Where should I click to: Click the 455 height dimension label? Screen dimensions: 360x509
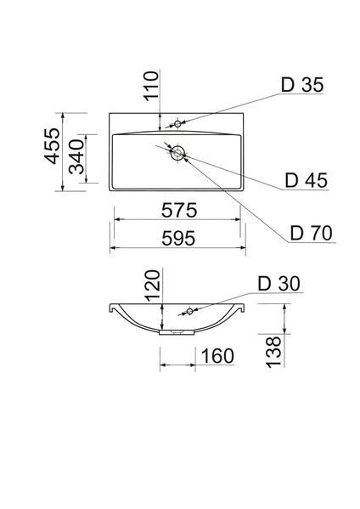[x=53, y=146]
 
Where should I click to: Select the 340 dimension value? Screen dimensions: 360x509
[x=76, y=157]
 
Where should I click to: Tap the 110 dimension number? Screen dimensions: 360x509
[x=151, y=87]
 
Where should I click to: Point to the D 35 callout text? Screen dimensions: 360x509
[x=302, y=85]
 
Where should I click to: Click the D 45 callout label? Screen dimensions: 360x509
[x=307, y=180]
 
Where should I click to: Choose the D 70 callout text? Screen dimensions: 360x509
[x=312, y=233]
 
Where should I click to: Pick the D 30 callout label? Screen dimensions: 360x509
[x=279, y=283]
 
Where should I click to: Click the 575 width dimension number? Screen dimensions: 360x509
[x=179, y=210]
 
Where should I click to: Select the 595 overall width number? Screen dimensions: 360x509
[x=178, y=238]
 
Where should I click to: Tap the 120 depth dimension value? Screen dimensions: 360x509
[x=153, y=285]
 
